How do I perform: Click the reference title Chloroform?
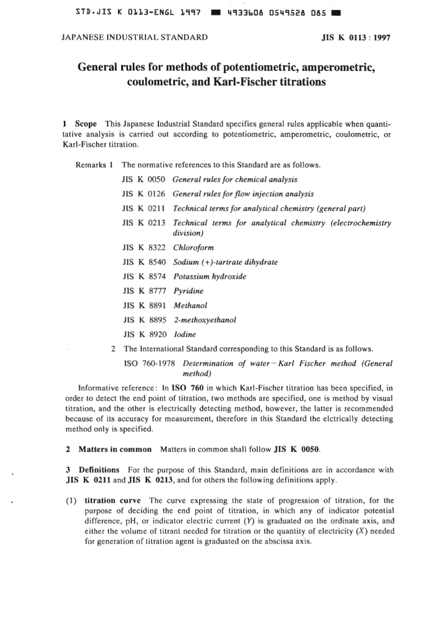[193, 248]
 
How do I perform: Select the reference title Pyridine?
[188, 291]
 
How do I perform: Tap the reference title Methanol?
[190, 305]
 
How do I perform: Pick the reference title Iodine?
[185, 334]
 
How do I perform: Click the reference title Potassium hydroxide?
[210, 276]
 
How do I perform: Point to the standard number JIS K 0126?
[144, 194]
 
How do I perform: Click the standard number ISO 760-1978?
[150, 363]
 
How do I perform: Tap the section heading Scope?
[86, 124]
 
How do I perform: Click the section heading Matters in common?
[115, 449]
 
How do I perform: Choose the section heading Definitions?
[99, 469]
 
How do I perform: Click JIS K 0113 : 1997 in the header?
[356, 38]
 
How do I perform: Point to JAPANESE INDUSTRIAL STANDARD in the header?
[135, 38]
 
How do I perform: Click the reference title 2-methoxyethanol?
[205, 320]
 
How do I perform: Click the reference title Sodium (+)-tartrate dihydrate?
[225, 262]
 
